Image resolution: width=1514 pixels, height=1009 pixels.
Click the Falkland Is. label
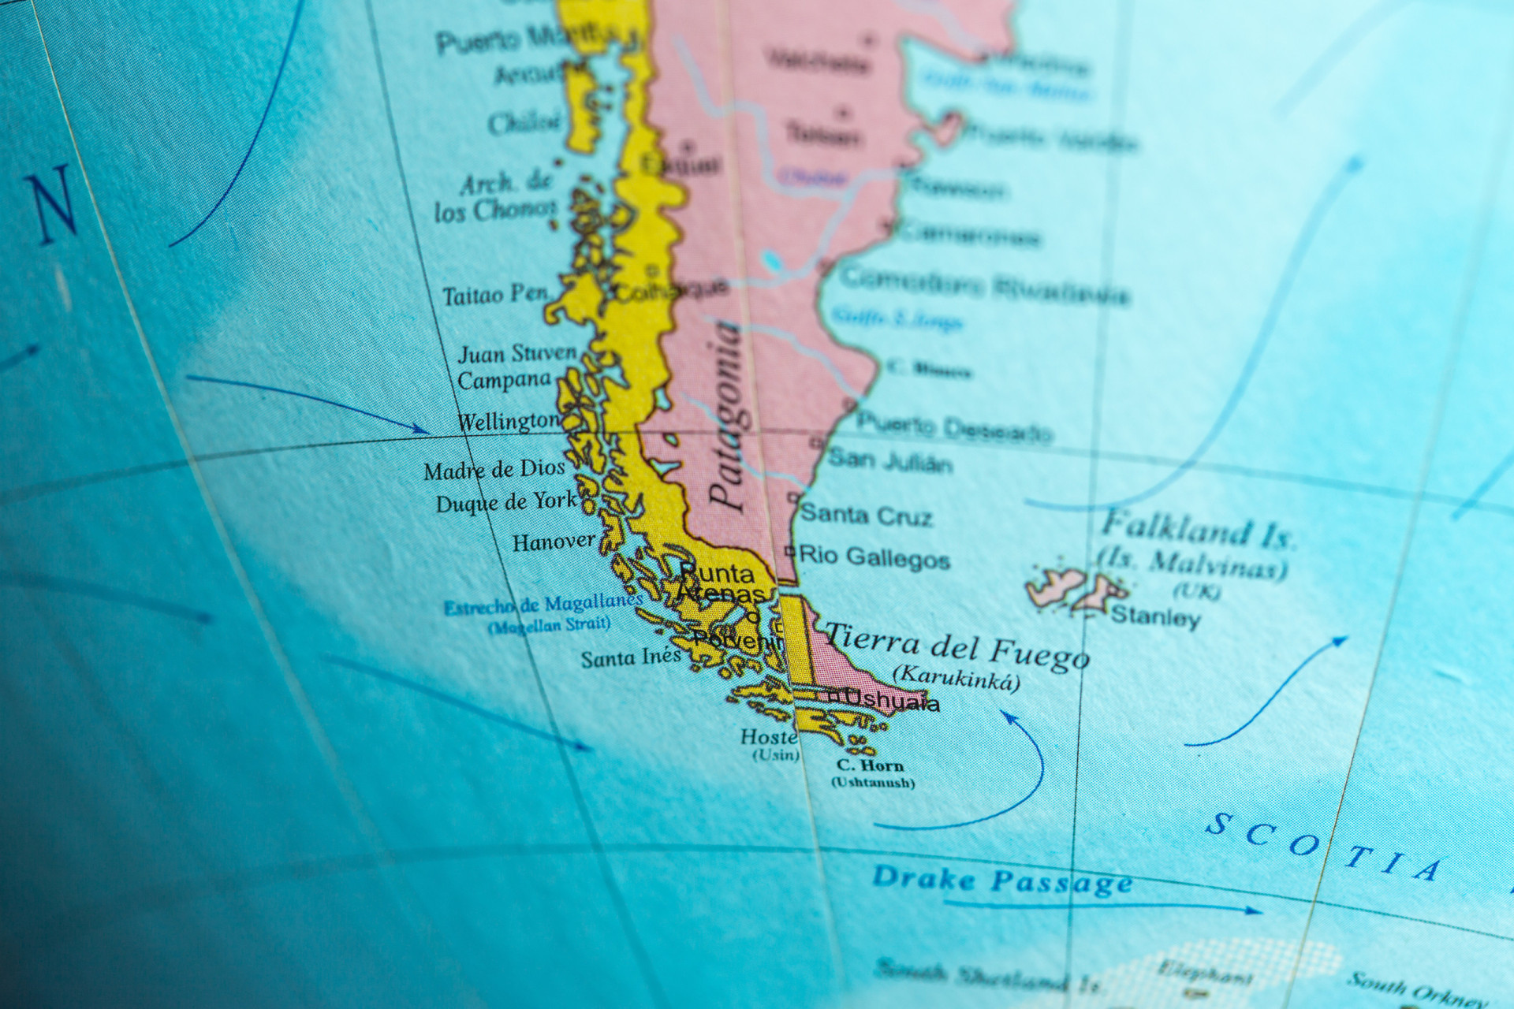(x=1198, y=530)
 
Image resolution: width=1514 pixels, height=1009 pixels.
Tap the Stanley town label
(x=1155, y=616)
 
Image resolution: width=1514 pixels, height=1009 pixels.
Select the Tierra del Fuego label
(x=957, y=646)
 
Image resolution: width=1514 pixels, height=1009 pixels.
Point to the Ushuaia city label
(x=891, y=700)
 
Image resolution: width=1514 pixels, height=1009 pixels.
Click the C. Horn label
(x=870, y=765)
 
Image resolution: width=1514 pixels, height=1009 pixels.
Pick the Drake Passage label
(x=1001, y=880)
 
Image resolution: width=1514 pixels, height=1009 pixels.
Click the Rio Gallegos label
(x=874, y=557)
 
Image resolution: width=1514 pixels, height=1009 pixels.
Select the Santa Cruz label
(x=866, y=516)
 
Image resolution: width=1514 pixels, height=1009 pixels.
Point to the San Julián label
(x=889, y=460)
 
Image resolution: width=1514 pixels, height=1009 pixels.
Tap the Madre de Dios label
(x=494, y=471)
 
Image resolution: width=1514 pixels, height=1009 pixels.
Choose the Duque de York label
(x=506, y=502)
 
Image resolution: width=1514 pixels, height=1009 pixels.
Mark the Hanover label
(x=554, y=542)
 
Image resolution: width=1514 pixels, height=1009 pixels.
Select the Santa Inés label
(x=631, y=657)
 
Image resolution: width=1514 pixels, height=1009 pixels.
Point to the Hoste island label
(x=768, y=737)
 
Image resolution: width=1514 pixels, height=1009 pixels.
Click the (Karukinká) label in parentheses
(x=956, y=678)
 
